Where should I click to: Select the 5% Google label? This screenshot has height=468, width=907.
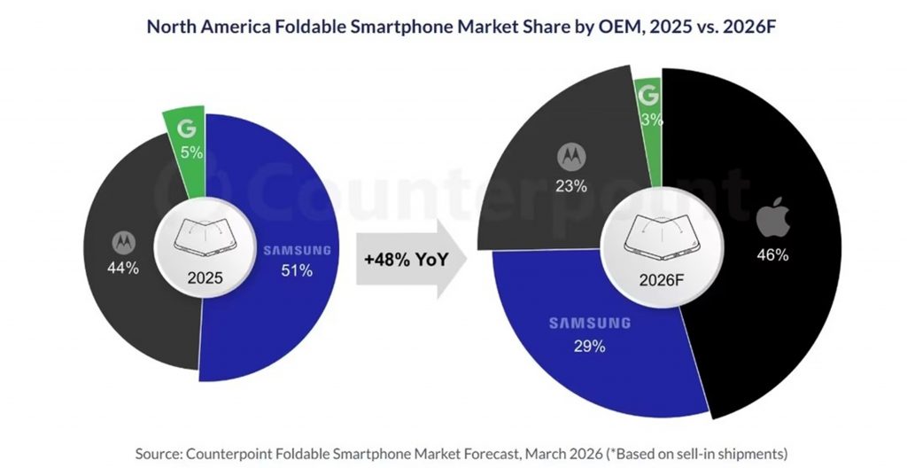pos(190,152)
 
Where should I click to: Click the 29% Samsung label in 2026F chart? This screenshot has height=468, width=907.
pos(589,347)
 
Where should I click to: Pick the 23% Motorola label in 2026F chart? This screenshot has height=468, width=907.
pos(572,186)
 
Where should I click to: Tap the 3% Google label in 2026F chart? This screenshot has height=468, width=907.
pos(650,119)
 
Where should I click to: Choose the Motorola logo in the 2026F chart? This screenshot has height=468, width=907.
pos(571,157)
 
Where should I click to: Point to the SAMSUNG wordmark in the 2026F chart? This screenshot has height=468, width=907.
pos(589,324)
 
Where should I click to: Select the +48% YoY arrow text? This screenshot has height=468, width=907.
pos(403,261)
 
